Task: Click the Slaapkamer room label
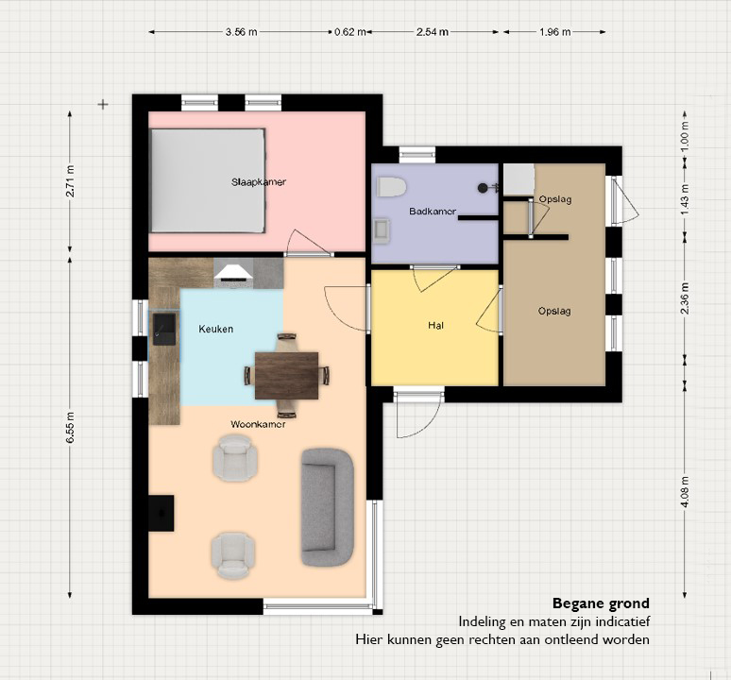tap(259, 181)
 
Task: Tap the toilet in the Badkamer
tap(392, 186)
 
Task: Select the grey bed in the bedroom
tap(208, 180)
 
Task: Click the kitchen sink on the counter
tap(164, 329)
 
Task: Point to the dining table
tap(287, 376)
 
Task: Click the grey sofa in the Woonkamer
tap(328, 507)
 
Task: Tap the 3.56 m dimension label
tap(241, 32)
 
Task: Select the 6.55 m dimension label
tap(71, 427)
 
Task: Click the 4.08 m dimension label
tap(685, 492)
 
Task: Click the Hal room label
tap(436, 325)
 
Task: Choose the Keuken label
tap(216, 329)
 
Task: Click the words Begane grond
tap(601, 603)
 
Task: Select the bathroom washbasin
tap(382, 231)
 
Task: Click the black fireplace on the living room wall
tap(161, 513)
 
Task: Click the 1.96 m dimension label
tap(554, 32)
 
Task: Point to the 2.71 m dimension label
tap(71, 181)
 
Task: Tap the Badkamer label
tap(433, 212)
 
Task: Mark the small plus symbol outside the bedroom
tap(103, 105)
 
